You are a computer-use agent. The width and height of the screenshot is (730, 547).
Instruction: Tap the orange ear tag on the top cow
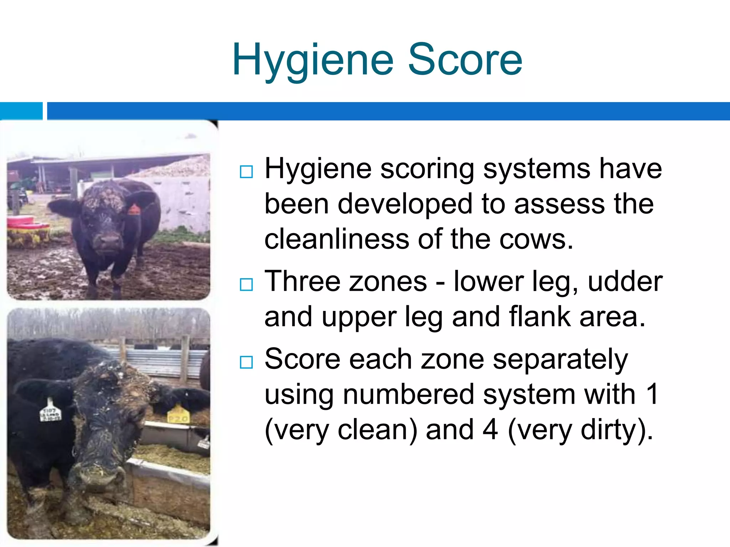(134, 209)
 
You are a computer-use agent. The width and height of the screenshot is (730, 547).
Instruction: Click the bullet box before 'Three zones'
(246, 285)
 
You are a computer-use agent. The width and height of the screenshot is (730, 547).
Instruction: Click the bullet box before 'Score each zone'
(246, 362)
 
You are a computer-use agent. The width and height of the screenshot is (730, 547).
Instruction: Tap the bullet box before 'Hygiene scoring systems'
(246, 172)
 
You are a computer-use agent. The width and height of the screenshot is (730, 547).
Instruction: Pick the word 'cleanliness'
(336, 239)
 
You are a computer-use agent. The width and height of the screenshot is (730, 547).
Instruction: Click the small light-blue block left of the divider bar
(21, 111)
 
